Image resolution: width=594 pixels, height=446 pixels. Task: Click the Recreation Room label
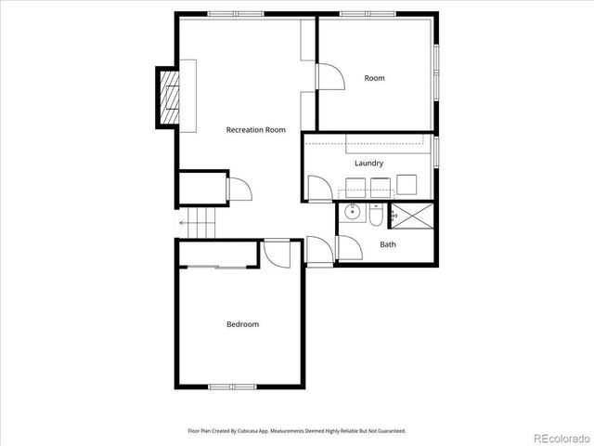click(x=256, y=130)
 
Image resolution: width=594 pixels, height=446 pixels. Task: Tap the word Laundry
click(x=368, y=164)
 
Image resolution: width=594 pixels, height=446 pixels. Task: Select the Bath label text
click(x=388, y=245)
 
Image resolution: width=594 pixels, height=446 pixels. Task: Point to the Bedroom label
click(x=242, y=324)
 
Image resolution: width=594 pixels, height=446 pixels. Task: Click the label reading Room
click(x=374, y=78)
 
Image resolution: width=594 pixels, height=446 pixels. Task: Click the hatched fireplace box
click(x=169, y=96)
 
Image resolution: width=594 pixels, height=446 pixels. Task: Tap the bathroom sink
click(x=352, y=214)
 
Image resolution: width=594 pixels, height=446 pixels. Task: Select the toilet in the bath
click(x=373, y=216)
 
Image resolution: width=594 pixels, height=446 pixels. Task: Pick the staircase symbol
click(x=199, y=223)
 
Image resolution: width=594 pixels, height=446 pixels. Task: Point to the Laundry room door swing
click(x=319, y=189)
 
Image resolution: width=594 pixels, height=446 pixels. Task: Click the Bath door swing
click(x=348, y=248)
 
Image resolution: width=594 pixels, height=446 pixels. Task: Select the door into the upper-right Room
click(x=329, y=76)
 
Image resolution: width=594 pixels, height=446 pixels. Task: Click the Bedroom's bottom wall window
click(x=231, y=387)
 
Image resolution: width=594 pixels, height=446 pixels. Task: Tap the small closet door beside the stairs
click(x=239, y=189)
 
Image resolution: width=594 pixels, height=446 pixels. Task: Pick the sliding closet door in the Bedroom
click(x=218, y=268)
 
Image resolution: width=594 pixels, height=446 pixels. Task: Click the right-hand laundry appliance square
click(x=407, y=183)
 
